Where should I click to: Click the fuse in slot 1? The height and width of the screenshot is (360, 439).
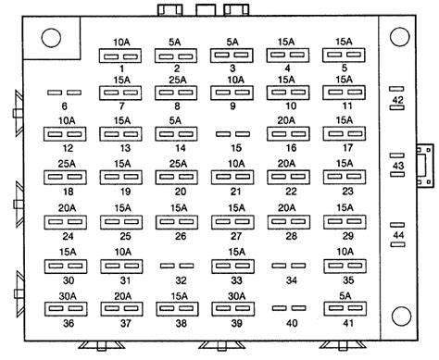[120, 56]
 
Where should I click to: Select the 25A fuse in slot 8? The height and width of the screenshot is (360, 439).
[176, 93]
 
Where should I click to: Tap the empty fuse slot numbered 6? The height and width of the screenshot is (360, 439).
[64, 93]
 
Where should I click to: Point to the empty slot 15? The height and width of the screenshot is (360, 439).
[232, 134]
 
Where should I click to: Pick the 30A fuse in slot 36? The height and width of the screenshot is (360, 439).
[66, 309]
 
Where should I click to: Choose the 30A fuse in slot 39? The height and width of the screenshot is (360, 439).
[232, 309]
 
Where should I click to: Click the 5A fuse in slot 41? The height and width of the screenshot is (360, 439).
[345, 308]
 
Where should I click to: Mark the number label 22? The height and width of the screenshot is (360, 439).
[291, 192]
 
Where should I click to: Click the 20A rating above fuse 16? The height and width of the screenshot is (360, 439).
[286, 120]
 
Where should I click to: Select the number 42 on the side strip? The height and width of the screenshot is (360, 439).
[398, 100]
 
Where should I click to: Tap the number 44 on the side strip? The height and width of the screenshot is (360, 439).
[398, 235]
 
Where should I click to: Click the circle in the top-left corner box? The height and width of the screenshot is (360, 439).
[51, 38]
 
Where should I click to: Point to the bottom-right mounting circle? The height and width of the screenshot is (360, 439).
[401, 317]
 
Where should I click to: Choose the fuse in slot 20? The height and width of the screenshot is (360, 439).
[177, 178]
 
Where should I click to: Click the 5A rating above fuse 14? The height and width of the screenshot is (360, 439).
[175, 120]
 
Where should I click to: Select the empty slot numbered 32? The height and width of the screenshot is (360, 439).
[177, 266]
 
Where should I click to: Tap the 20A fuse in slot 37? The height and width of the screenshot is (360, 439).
[121, 309]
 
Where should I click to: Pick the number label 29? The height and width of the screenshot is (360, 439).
[347, 236]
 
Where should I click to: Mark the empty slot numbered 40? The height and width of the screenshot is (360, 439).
[289, 308]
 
